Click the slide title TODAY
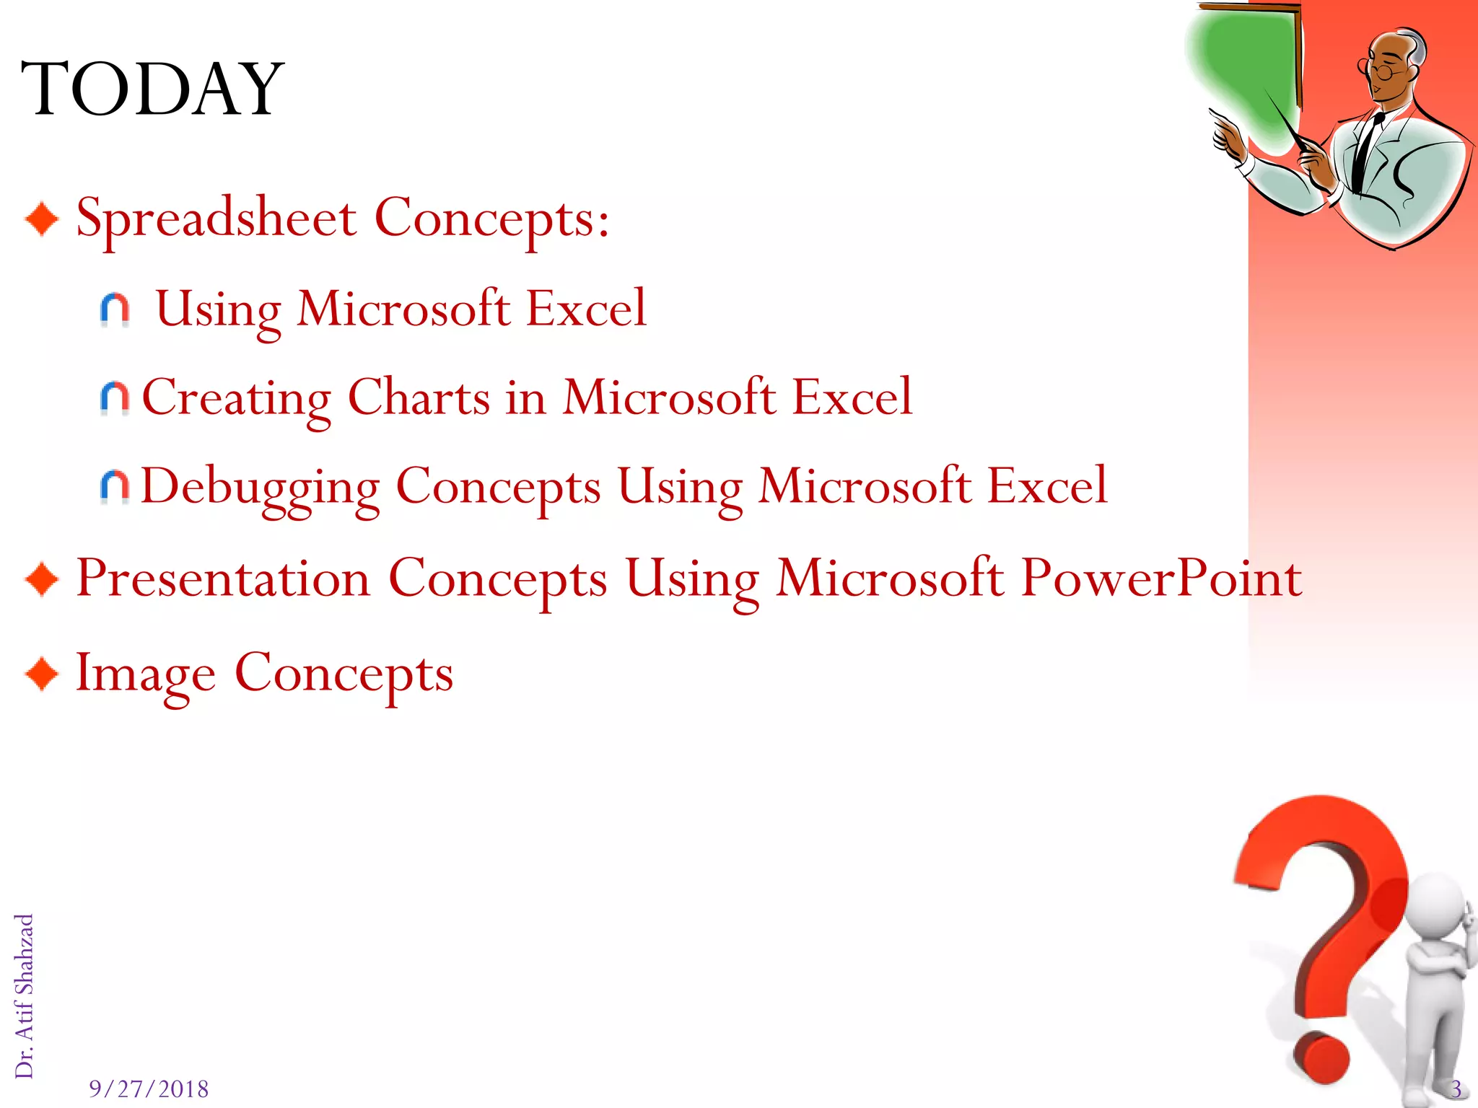coord(152,89)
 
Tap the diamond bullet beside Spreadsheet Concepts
coord(42,219)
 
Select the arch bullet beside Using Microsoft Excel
coord(115,309)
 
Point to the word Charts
coord(419,397)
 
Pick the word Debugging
coord(260,486)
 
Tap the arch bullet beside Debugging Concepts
coord(115,487)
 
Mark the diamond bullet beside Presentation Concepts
coord(42,579)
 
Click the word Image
coord(145,673)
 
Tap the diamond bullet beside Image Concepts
coord(42,674)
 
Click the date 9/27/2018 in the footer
coord(149,1089)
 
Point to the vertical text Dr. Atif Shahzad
coord(25,995)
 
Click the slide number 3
coord(1456,1089)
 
